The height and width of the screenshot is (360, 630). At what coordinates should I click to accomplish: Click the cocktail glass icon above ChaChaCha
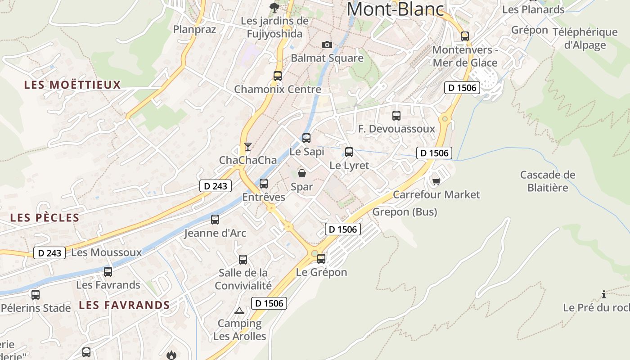[247, 146]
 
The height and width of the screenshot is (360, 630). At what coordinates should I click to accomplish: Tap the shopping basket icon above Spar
[301, 173]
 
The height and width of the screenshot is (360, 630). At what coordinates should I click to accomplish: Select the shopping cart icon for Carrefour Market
[436, 181]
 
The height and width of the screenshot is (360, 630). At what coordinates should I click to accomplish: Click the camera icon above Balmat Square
[327, 45]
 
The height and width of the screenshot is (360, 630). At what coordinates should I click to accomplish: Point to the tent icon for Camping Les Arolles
[239, 310]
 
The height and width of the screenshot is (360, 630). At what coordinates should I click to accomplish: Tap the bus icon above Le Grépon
[321, 259]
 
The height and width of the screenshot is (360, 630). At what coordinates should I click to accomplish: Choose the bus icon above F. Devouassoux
[396, 116]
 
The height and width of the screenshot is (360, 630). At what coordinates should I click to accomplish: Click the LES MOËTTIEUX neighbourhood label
[72, 85]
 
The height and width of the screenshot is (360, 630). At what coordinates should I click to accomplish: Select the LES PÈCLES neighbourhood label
[45, 218]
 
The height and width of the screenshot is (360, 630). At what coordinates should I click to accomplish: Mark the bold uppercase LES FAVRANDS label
[124, 305]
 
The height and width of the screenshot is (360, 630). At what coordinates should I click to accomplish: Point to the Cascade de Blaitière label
[548, 181]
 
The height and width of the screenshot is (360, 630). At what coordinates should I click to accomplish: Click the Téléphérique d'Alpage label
[585, 38]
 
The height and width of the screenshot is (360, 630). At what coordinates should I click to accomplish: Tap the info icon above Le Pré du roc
[604, 295]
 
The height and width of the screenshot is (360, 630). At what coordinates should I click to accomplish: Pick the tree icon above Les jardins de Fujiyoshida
[274, 7]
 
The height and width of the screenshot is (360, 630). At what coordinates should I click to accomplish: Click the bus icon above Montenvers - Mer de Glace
[465, 36]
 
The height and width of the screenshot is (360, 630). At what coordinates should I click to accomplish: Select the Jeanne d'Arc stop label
[215, 233]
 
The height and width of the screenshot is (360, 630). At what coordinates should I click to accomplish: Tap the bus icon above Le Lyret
[349, 152]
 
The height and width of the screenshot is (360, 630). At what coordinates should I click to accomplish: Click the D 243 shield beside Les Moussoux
[49, 253]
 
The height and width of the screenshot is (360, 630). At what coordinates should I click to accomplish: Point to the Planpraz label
[195, 30]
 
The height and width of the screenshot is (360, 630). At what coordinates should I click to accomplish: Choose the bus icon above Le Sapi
[306, 138]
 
